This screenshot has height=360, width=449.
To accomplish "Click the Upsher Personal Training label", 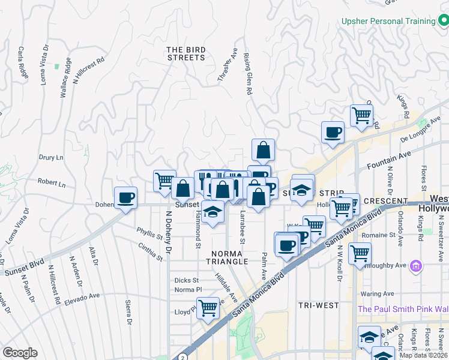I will click(388, 21).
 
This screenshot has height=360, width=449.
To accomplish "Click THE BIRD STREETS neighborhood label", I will click(185, 53).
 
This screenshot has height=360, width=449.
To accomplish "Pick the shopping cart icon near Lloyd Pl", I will click(208, 308).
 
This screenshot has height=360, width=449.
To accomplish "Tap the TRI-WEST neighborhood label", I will click(319, 305).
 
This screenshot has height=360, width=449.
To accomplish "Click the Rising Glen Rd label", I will click(247, 74).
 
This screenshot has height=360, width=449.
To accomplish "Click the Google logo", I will click(20, 353).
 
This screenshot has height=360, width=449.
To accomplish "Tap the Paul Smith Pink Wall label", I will click(402, 309).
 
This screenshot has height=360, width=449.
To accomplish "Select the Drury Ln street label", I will click(51, 158).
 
